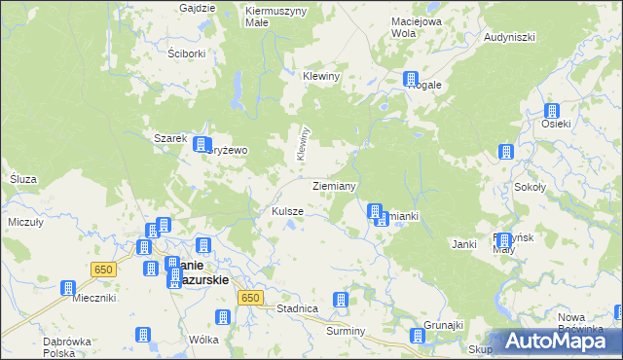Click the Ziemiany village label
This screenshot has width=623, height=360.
[x=334, y=185]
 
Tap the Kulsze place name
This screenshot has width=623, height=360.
[x=287, y=211]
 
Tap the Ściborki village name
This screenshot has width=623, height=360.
[x=186, y=54]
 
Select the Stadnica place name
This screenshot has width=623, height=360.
[x=298, y=308]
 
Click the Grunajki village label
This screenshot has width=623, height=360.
[x=442, y=324]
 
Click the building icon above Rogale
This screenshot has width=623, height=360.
[x=412, y=79]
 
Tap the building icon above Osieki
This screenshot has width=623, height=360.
[x=552, y=111]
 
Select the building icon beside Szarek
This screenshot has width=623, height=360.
[x=201, y=144]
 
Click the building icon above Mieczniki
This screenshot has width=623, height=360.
[x=68, y=288]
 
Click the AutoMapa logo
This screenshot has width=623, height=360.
[x=560, y=342]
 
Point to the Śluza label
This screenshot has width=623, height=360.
[x=21, y=180]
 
